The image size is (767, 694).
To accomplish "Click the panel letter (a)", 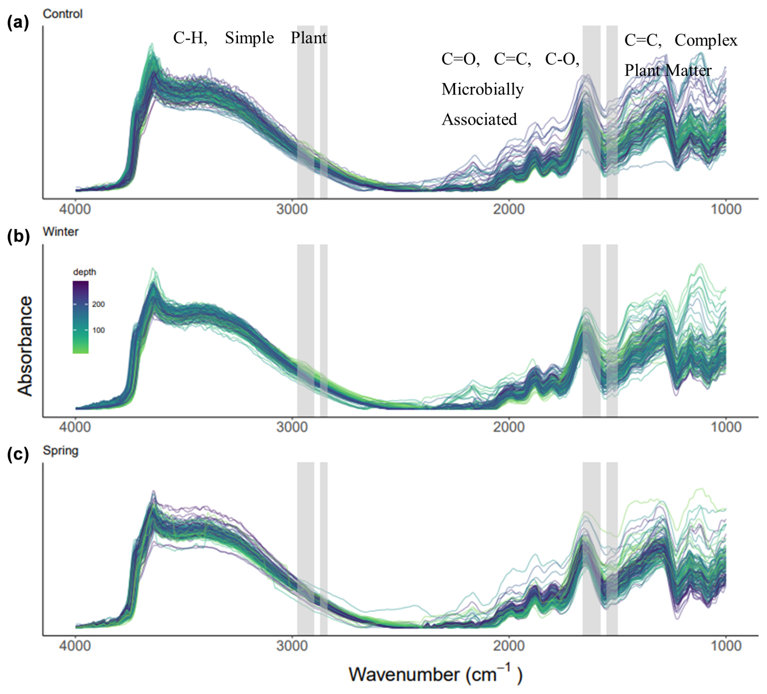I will [18, 23].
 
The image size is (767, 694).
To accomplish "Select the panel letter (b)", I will [18, 237].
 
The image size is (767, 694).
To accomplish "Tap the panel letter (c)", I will [18, 455].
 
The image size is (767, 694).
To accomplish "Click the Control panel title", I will [63, 14].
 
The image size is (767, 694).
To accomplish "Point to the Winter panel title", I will [61, 232].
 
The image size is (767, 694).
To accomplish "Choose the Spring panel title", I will [61, 451].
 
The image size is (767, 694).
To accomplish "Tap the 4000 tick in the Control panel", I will [75, 209].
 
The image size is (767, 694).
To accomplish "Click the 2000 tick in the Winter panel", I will [509, 427].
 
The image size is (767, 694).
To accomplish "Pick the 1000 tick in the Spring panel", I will [726, 645].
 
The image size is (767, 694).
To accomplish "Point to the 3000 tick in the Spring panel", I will [292, 645].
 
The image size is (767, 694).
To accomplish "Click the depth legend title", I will [84, 272].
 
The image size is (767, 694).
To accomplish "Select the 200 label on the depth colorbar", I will [99, 304].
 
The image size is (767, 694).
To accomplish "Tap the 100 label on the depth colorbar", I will [99, 330].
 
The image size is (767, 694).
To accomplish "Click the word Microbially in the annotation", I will [482, 90].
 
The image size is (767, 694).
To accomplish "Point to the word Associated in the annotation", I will [479, 120].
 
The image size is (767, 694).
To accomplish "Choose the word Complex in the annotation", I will [706, 41].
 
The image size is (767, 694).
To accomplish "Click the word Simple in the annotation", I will [249, 38].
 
